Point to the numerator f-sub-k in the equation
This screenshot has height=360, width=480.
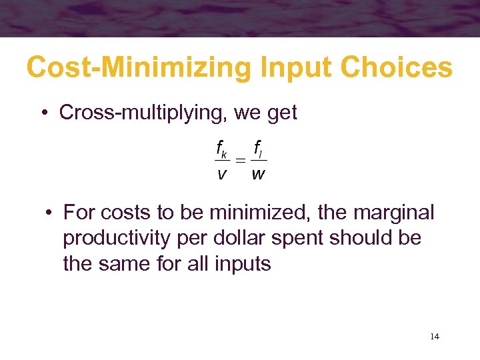(221, 148)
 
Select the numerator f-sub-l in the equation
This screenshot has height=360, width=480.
(259, 148)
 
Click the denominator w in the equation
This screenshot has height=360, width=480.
(259, 175)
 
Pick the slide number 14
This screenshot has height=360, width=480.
(435, 337)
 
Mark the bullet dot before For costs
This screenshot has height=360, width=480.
(49, 213)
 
